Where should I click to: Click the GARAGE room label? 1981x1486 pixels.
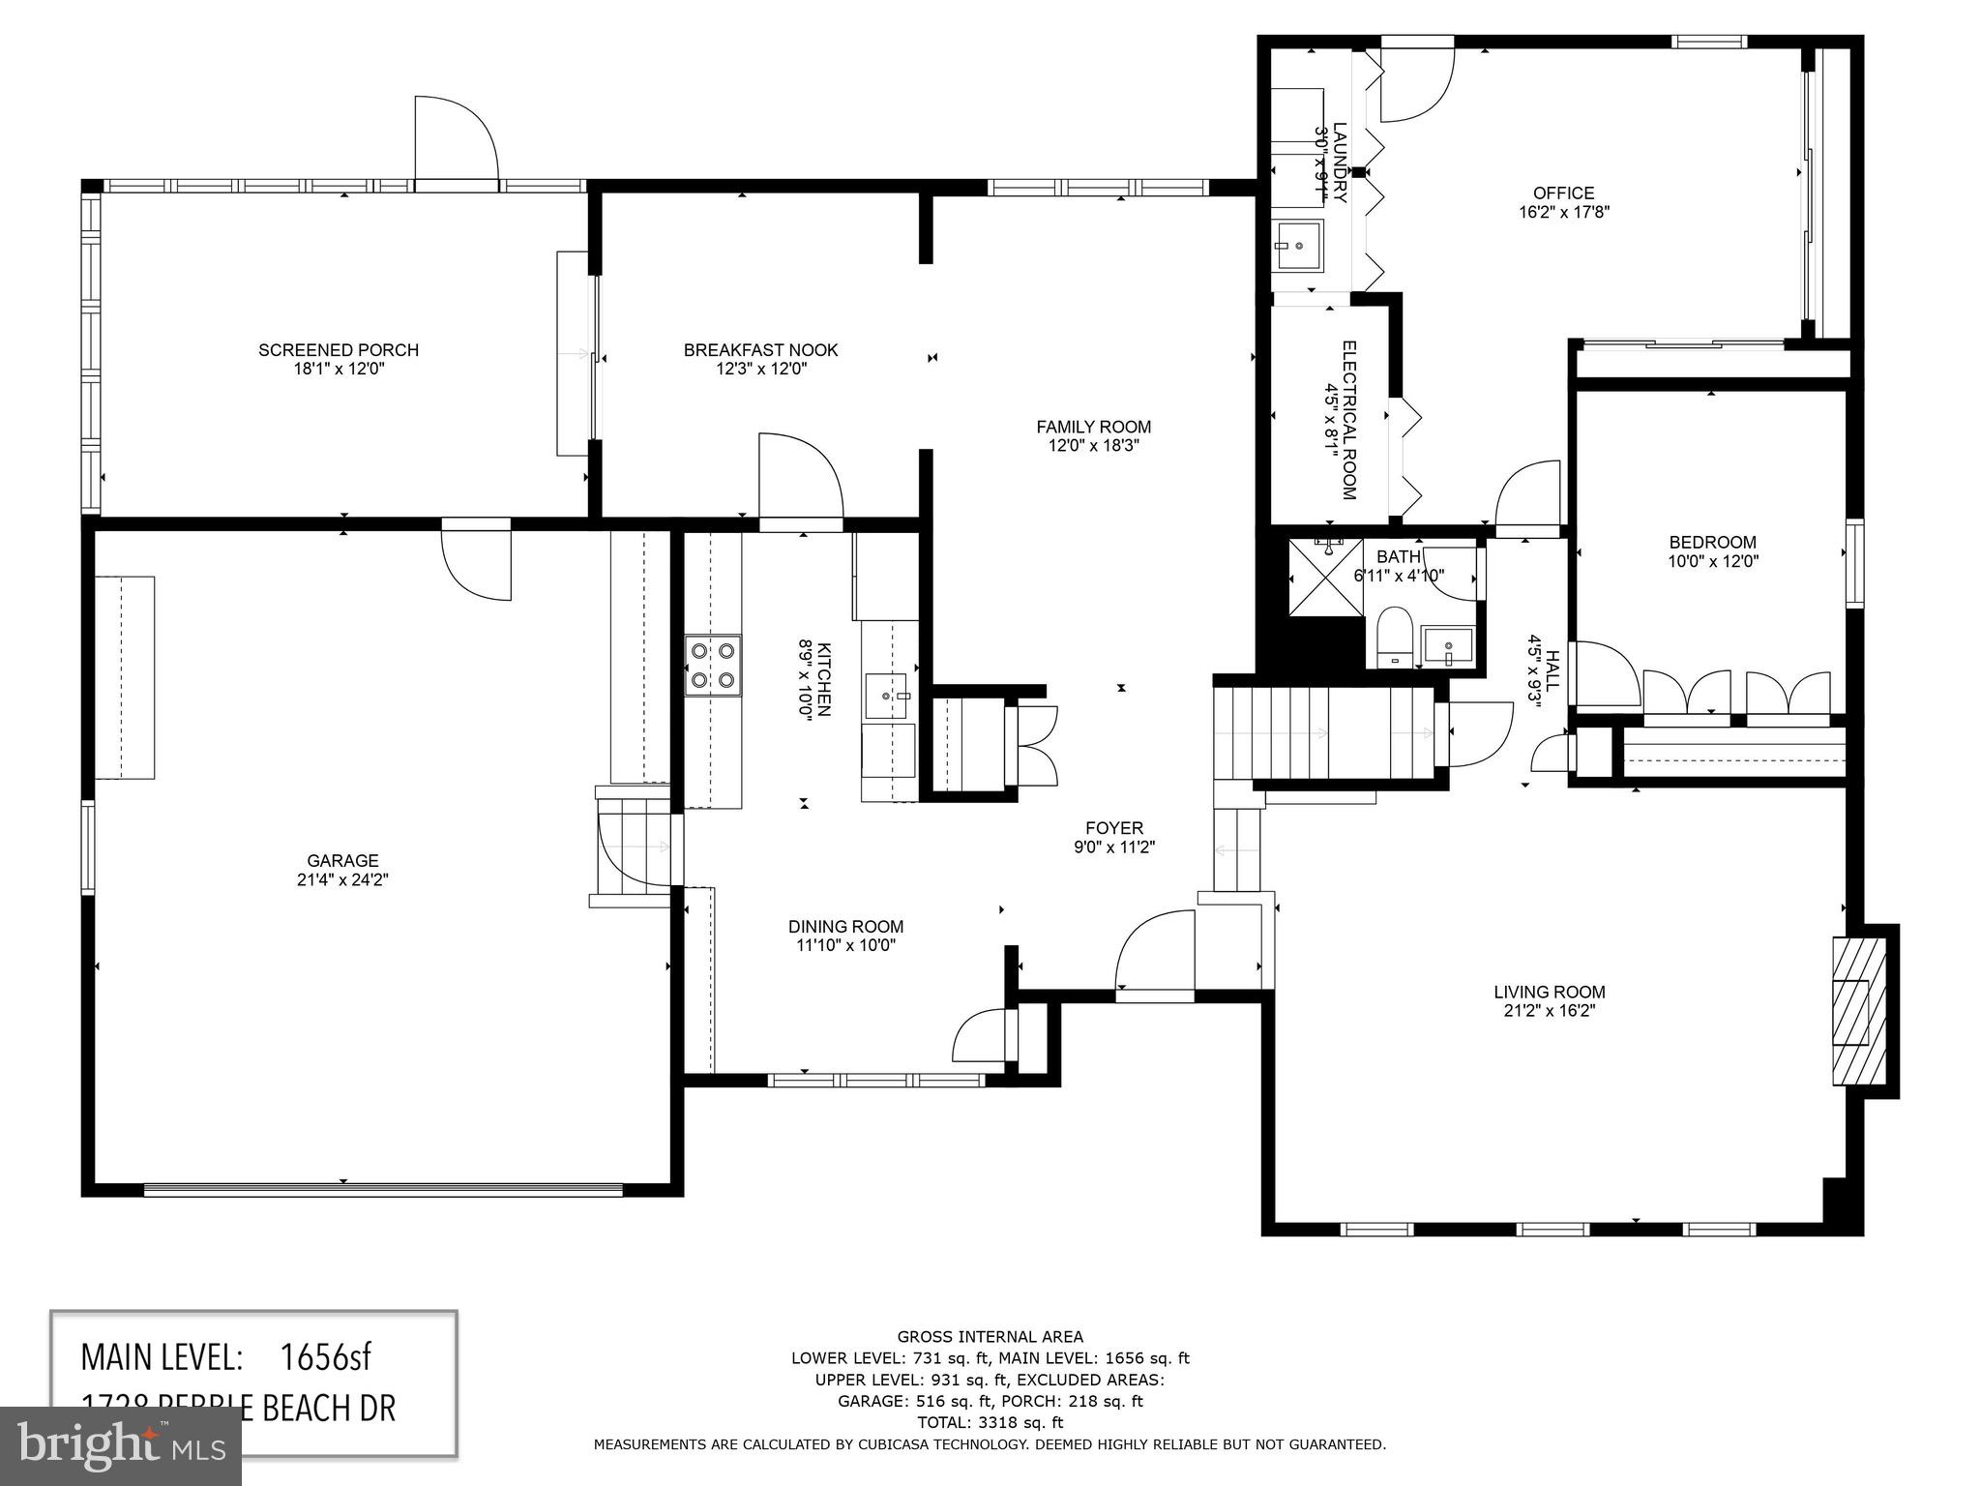[x=342, y=860]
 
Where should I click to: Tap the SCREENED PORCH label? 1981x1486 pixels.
[x=338, y=350]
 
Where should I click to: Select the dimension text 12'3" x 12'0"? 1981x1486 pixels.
[x=760, y=369]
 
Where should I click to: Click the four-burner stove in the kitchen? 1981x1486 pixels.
[x=713, y=666]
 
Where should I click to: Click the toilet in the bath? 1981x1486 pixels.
[x=1394, y=637]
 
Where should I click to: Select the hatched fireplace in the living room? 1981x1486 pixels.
[x=1857, y=1011]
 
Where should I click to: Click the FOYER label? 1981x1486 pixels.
[x=1113, y=828]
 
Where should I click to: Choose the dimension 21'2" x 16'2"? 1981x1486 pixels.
[x=1549, y=1011]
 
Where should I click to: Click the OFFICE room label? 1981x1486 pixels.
[x=1563, y=193]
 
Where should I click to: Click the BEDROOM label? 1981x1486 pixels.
[x=1712, y=543]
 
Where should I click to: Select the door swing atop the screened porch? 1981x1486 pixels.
[x=455, y=137]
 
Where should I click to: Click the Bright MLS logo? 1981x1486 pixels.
[x=120, y=1444]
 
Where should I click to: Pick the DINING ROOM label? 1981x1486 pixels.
[x=845, y=927]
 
